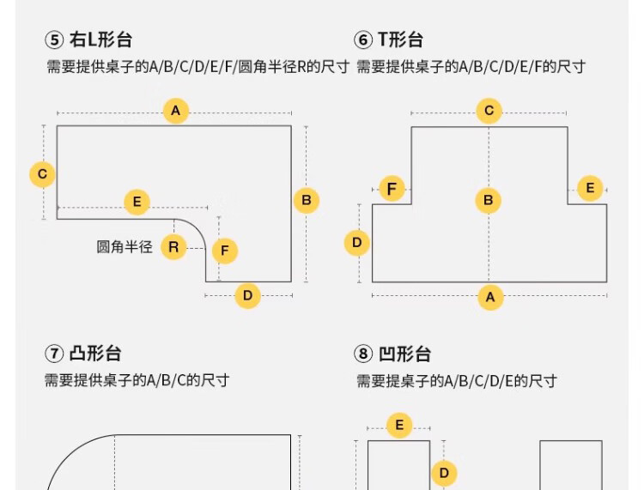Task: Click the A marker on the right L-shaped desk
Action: point(176,111)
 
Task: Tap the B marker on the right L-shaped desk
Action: point(306,201)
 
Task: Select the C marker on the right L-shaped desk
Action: point(42,174)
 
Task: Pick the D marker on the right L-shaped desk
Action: point(247,296)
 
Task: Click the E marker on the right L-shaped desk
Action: point(137,203)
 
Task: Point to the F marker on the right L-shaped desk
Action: point(224,251)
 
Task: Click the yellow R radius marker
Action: point(173,247)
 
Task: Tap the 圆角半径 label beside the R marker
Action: point(125,247)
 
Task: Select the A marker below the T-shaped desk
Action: point(490,297)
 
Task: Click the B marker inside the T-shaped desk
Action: point(488,201)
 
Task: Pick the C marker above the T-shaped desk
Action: point(489,111)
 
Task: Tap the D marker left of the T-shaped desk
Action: point(357,243)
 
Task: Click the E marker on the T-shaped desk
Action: point(590,189)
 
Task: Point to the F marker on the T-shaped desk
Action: point(392,189)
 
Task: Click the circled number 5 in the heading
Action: point(54,39)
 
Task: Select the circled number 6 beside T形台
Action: point(363,39)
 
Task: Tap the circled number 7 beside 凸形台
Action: point(54,354)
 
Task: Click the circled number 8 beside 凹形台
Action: point(363,354)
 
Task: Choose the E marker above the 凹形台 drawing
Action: point(399,425)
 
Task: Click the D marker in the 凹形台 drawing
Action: point(444,473)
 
